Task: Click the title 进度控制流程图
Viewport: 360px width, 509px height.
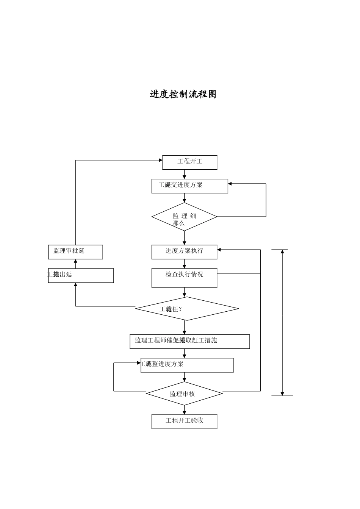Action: [x=183, y=94]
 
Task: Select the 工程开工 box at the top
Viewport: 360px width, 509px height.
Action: [x=189, y=162]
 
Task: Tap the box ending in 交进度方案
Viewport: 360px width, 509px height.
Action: [x=189, y=186]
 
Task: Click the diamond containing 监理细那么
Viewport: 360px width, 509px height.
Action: [x=184, y=217]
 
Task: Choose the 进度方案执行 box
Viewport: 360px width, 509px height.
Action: [x=184, y=252]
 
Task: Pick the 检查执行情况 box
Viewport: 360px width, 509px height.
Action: [x=184, y=278]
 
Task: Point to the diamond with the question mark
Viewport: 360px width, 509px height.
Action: [x=187, y=309]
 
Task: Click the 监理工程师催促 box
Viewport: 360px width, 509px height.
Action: [x=189, y=341]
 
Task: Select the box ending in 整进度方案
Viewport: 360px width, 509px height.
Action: [x=187, y=365]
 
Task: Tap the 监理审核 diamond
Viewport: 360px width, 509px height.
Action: [x=184, y=394]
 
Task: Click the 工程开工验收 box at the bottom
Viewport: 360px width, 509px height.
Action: [x=184, y=421]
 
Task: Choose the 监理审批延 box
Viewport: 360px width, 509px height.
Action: [x=75, y=252]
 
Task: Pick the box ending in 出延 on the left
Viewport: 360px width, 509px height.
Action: [x=81, y=275]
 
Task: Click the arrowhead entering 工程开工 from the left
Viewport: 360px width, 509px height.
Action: [x=160, y=160]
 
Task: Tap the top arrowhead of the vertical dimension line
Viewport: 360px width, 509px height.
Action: [x=282, y=252]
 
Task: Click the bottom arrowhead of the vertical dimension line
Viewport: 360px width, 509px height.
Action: [x=282, y=393]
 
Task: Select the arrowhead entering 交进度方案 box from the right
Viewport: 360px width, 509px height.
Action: [x=230, y=184]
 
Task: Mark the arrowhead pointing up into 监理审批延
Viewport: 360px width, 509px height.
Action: [x=75, y=261]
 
